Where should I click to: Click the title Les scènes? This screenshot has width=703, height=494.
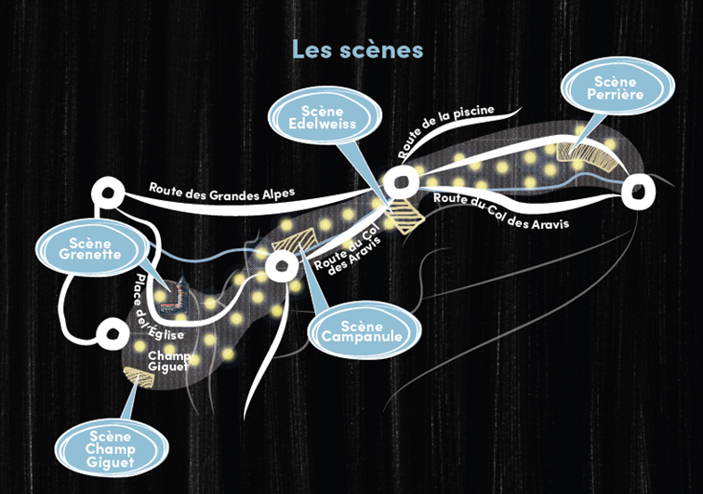coord(357,49)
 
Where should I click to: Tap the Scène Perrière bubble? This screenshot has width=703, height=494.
coord(617,87)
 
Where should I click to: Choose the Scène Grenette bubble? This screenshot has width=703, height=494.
coord(90,247)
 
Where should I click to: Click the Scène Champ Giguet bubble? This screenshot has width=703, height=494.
coord(111,448)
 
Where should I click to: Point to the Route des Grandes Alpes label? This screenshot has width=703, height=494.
coord(222,192)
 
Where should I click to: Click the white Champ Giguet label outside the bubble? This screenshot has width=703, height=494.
coord(168,361)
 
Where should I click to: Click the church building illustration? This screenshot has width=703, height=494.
coord(175,297)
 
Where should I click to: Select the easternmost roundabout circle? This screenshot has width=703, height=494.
coord(638,192)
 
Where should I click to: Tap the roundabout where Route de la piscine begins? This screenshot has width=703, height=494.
coord(401,181)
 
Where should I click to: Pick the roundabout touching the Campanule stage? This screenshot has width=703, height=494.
coord(282,266)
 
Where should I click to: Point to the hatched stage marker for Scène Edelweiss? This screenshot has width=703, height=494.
coord(405,216)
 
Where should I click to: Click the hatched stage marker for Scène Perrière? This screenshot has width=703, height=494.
coord(586,154)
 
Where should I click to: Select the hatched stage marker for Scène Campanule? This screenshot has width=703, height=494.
coord(294,239)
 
